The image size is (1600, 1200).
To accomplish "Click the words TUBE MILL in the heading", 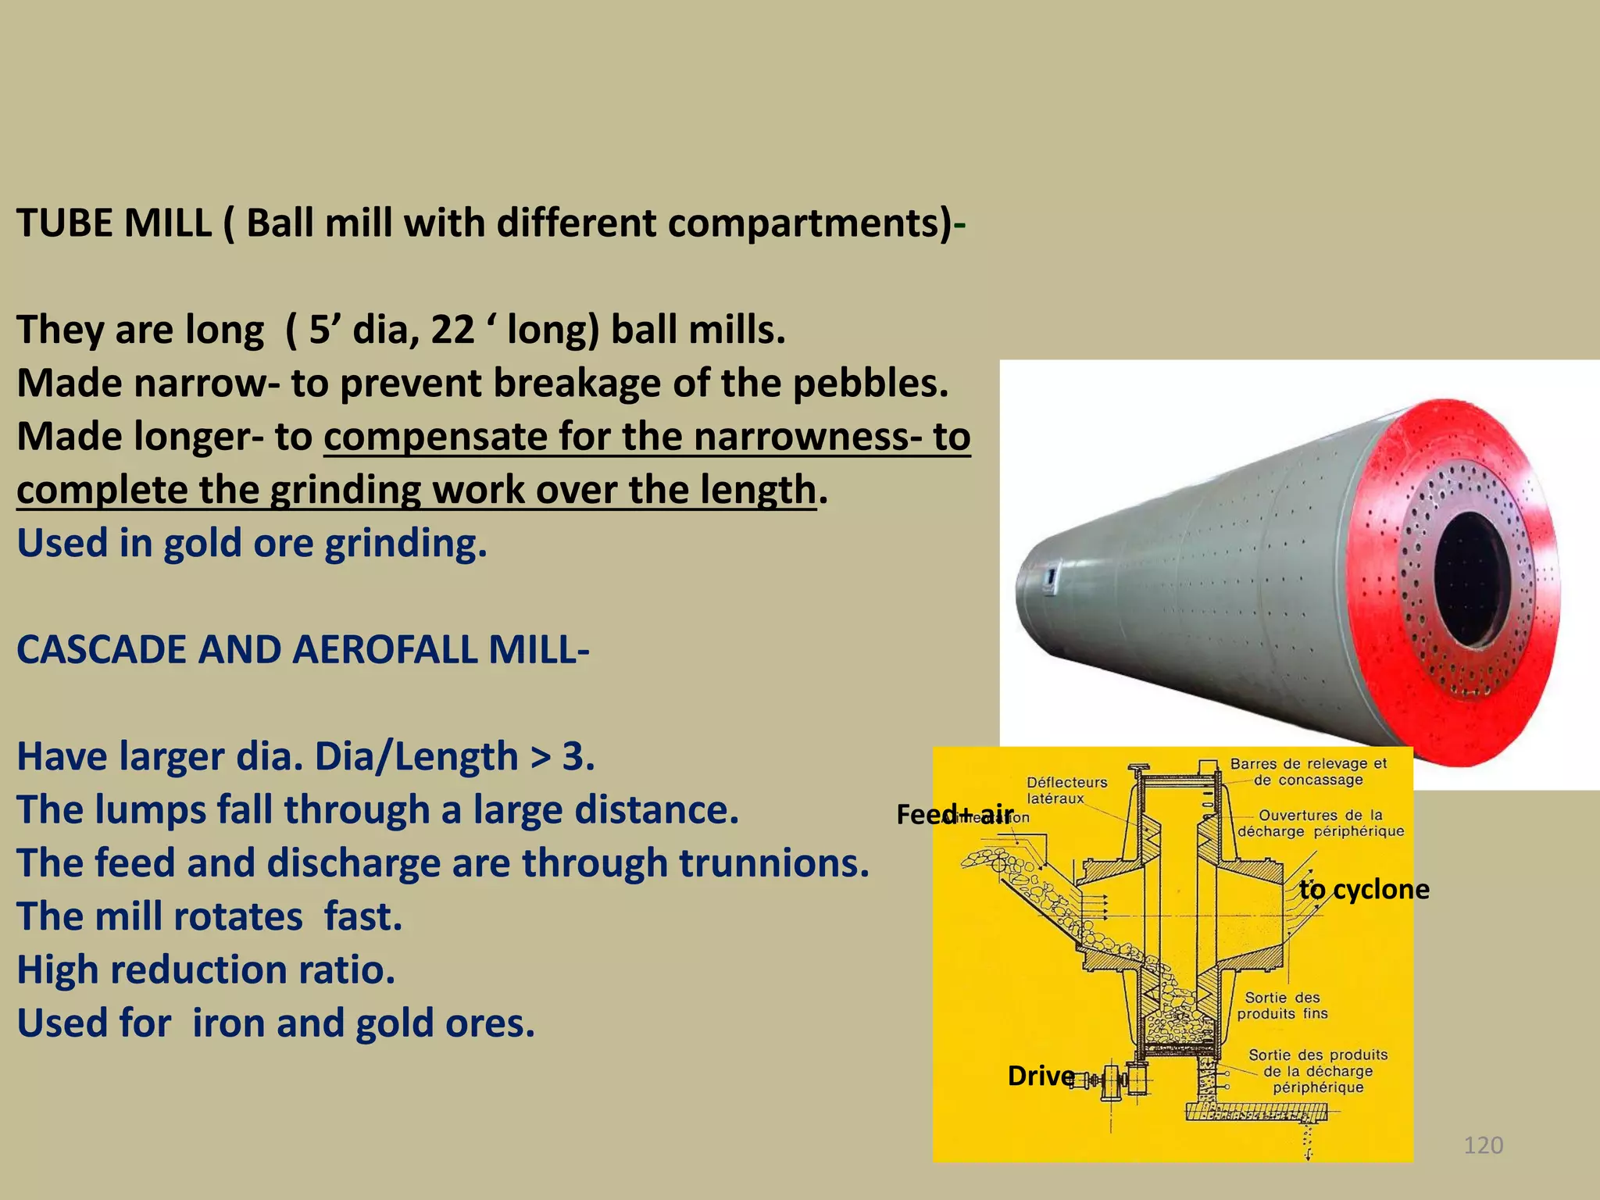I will click(x=114, y=223).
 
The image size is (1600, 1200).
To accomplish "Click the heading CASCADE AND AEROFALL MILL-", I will click(x=302, y=650).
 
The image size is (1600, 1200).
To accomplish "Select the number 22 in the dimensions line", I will click(x=452, y=330).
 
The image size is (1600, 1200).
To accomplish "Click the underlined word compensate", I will click(x=434, y=437).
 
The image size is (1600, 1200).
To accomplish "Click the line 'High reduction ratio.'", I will click(x=206, y=970).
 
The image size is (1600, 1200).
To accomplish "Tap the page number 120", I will click(x=1483, y=1145).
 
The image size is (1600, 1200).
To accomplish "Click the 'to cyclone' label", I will click(x=1364, y=889).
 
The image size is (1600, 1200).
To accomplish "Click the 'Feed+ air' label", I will click(x=955, y=815).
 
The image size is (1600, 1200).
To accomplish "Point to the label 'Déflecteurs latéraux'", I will click(x=1066, y=790).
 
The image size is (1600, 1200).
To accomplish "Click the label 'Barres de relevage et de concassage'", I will click(x=1308, y=772).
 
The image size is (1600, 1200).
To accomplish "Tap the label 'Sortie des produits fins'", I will click(x=1282, y=1005).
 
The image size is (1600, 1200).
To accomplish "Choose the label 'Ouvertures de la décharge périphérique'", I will click(x=1320, y=823).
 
